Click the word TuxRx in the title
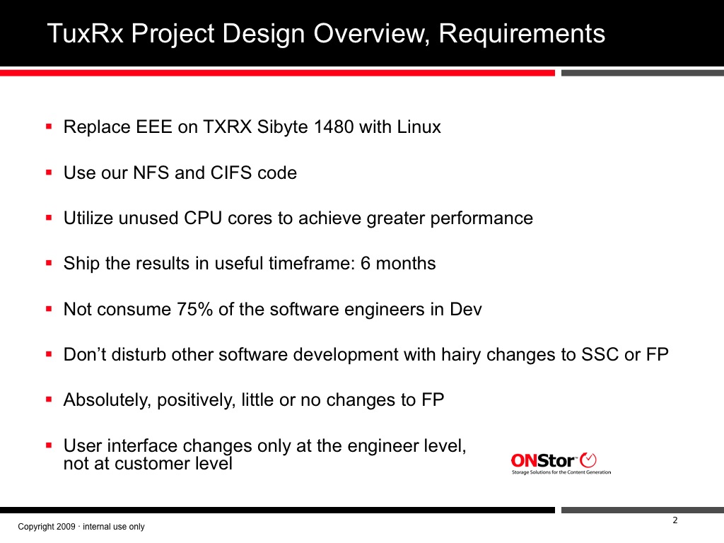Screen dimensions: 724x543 coord(86,33)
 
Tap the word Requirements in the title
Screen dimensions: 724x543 coord(522,35)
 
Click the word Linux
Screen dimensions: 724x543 coord(419,127)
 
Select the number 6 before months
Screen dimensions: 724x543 coord(366,263)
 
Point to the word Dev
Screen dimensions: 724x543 coord(466,309)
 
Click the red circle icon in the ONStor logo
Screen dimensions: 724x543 coord(588,460)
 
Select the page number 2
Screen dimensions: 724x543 coord(675,520)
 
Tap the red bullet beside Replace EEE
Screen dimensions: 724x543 coord(49,126)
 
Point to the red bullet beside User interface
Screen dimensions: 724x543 coord(49,445)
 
